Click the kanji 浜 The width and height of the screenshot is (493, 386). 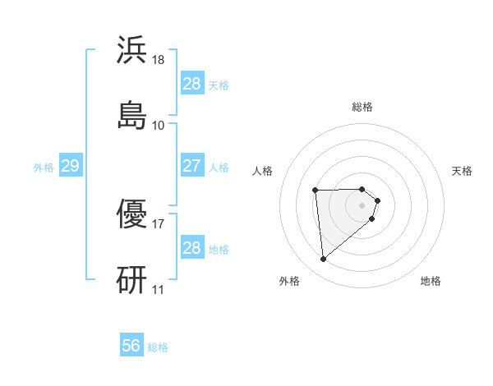(x=132, y=50)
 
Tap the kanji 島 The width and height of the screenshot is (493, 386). (x=132, y=114)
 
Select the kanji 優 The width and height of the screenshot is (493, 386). (x=132, y=216)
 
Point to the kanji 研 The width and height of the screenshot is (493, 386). (x=132, y=280)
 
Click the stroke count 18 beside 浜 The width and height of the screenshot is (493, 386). (x=159, y=60)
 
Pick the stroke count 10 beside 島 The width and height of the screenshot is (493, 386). (x=159, y=125)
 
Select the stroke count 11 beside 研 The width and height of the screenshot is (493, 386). (x=159, y=289)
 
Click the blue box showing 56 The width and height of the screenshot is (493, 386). (x=131, y=346)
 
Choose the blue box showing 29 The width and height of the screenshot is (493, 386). (x=70, y=166)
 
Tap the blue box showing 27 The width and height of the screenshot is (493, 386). (x=191, y=166)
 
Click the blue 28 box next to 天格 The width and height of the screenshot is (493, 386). (x=191, y=84)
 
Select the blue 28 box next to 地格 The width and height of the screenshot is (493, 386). (x=191, y=248)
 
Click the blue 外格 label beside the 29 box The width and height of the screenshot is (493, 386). (x=44, y=167)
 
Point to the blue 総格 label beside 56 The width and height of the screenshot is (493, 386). (x=158, y=347)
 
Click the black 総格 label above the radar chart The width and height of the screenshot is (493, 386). (x=362, y=107)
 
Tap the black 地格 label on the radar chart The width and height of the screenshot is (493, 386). (x=431, y=281)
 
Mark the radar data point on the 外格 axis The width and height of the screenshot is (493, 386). (x=324, y=260)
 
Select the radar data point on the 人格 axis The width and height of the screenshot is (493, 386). (x=316, y=191)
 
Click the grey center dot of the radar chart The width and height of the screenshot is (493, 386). (x=362, y=204)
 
